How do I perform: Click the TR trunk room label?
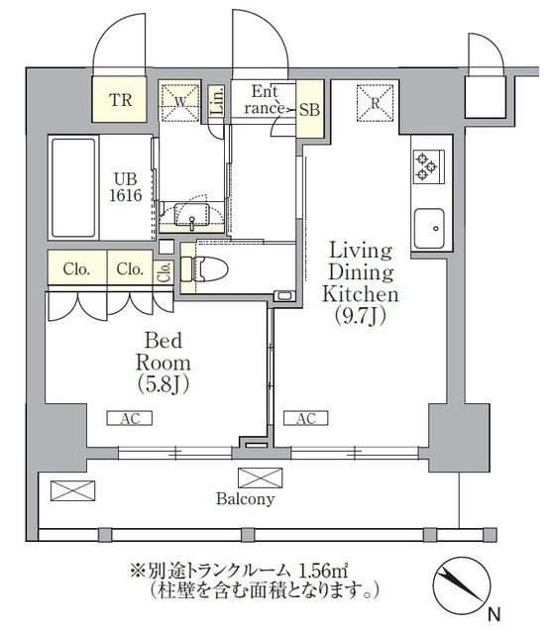point(120,100)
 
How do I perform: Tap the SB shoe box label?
point(309,110)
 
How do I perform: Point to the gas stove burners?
point(427,165)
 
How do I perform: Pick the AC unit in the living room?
point(306,418)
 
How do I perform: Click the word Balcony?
point(245,499)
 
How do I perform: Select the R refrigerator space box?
point(378,100)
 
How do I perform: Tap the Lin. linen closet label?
point(218,100)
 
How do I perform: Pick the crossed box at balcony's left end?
point(70,489)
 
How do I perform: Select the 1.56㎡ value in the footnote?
point(317,571)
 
